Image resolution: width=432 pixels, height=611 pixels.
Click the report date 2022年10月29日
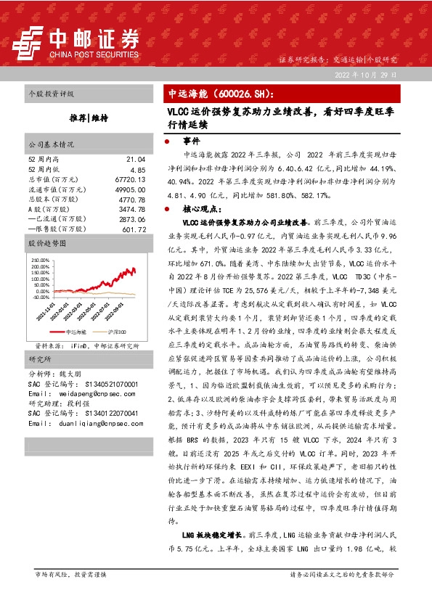point(365,75)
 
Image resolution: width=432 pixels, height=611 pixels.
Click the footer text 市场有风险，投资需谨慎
point(70,574)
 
